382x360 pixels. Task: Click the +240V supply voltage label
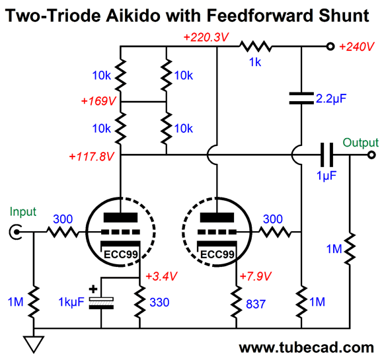click(356, 47)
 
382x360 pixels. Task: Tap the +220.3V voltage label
click(206, 37)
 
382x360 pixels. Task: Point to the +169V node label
click(98, 101)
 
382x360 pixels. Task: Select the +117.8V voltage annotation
click(91, 157)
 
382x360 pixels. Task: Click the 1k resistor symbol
click(255, 46)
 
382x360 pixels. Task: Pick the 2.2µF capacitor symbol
click(301, 98)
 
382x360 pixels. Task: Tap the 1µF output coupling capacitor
click(326, 155)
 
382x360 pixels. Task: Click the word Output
click(361, 143)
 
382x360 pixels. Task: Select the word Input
click(23, 212)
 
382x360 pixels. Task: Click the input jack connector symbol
click(15, 232)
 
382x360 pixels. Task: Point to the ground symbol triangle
click(34, 344)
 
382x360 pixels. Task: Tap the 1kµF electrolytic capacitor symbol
click(101, 303)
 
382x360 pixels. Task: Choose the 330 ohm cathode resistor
click(140, 302)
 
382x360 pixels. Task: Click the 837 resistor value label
click(256, 304)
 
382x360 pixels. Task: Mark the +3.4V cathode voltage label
click(161, 276)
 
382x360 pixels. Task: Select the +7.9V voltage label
click(255, 276)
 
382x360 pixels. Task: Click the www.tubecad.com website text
click(306, 347)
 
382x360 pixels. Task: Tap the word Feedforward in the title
click(260, 16)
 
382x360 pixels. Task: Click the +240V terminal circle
click(330, 46)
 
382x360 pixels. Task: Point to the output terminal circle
click(371, 155)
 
